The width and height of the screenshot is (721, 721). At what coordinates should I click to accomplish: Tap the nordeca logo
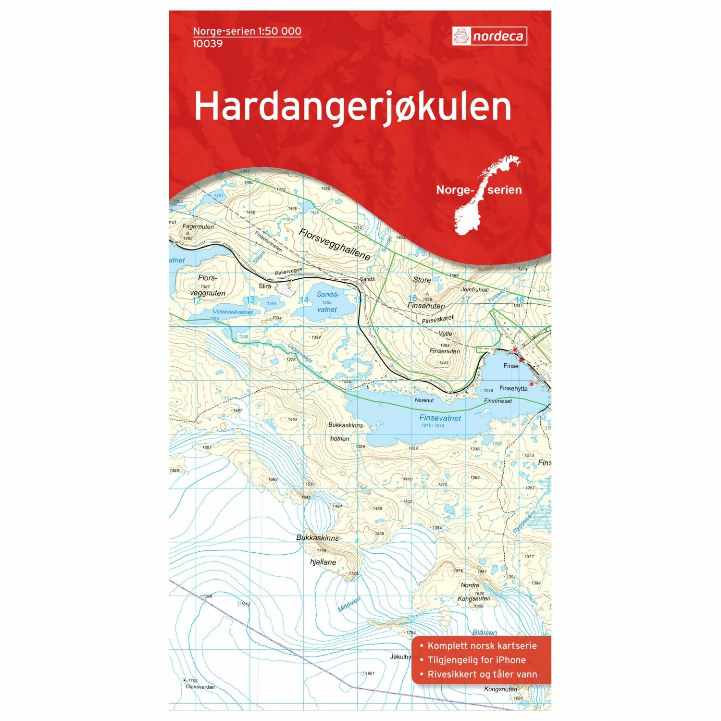[x=489, y=36]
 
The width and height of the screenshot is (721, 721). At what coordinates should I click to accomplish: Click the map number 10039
[x=208, y=44]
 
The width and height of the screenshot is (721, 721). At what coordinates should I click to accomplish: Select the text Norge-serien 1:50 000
[x=247, y=31]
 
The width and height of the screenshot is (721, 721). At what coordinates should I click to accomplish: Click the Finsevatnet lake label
[x=440, y=418]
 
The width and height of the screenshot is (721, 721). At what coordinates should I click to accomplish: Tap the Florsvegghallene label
[x=335, y=244]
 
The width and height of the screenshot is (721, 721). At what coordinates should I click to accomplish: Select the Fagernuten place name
[x=198, y=226]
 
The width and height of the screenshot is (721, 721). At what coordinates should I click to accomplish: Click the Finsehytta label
[x=513, y=388]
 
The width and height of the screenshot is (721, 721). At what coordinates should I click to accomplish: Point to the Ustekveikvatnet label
[x=233, y=312]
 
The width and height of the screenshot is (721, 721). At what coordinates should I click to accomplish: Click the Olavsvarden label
[x=200, y=687]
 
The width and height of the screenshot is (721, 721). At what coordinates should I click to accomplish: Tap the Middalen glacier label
[x=349, y=604]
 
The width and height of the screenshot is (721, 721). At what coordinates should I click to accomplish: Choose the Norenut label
[x=424, y=400]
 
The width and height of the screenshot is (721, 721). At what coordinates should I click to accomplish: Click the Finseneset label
[x=498, y=401]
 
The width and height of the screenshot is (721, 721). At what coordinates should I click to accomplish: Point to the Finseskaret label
[x=437, y=320]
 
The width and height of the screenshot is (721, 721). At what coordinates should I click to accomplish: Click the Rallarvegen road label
[x=288, y=272]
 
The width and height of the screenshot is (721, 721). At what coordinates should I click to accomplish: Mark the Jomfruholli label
[x=475, y=289]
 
